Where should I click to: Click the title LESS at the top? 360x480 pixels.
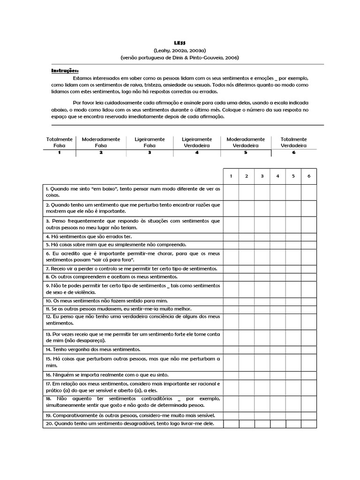180,43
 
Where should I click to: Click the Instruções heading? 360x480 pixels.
65,71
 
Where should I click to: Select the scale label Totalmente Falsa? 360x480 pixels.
60,142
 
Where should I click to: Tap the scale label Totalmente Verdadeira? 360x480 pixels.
293,142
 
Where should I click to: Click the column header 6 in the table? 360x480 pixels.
309,176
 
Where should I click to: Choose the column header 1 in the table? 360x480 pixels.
231,176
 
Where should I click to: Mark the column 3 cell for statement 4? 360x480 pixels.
262,237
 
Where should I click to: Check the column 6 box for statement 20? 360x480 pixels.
309,424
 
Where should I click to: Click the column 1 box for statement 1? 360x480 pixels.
231,192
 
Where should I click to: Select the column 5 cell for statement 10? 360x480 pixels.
293,301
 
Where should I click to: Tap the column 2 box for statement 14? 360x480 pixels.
247,350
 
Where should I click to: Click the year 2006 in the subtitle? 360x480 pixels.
231,57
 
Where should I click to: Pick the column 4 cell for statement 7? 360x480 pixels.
277,269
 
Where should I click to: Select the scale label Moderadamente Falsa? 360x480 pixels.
101,142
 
